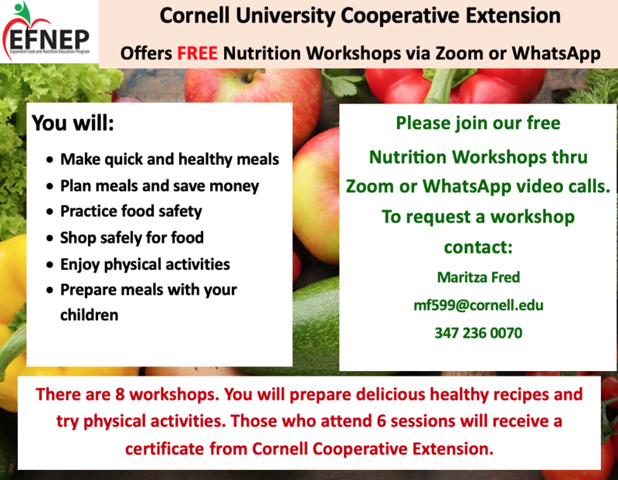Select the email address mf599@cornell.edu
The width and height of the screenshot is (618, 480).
click(478, 305)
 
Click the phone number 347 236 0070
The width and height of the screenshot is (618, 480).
click(478, 333)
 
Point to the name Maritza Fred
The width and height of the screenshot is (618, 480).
click(478, 276)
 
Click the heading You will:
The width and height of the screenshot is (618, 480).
click(73, 124)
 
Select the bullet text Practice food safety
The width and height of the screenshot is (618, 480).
click(131, 211)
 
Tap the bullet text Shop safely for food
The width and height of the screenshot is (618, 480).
click(132, 237)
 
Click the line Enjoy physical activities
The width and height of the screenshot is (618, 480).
click(145, 264)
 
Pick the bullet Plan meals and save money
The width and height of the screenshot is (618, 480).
click(159, 186)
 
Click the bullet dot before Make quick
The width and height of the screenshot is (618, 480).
click(50, 160)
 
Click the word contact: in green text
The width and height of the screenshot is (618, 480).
click(478, 248)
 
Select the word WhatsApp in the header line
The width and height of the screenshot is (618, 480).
click(553, 54)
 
